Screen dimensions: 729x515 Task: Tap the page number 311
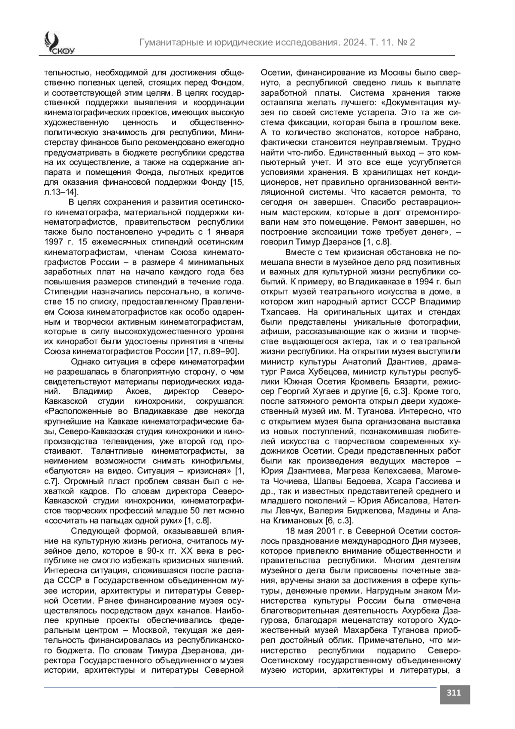[x=454, y=692]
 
